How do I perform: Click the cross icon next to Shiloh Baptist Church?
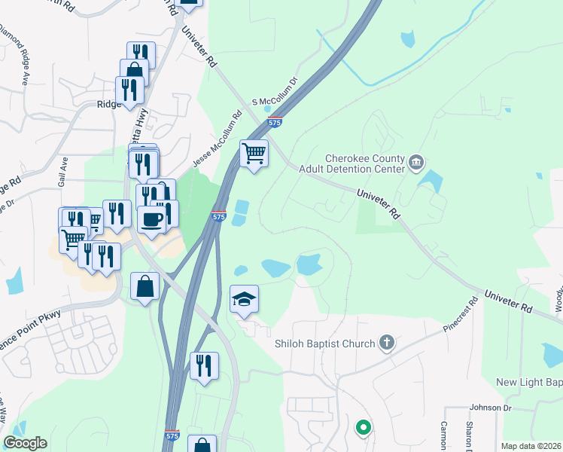pos(387,344)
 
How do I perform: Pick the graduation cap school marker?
pos(244,300)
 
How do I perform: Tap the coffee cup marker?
pos(152,219)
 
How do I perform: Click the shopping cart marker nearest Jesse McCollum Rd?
pos(254,153)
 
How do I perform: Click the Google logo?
pos(25,443)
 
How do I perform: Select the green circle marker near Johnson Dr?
pos(364,429)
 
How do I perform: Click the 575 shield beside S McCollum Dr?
pos(275,121)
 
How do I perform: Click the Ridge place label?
pos(108,105)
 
